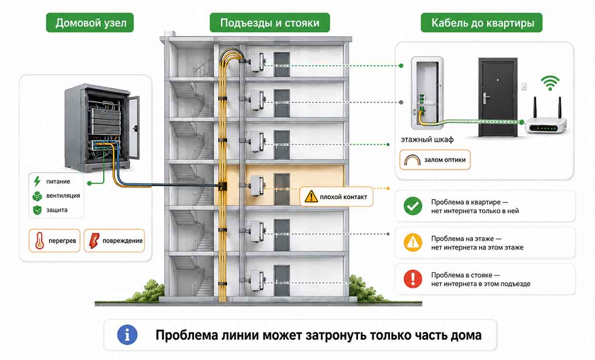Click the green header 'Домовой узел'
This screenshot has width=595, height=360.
(x=90, y=22)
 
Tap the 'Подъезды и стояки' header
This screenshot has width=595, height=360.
(x=269, y=22)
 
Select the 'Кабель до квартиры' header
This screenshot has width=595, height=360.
(x=481, y=22)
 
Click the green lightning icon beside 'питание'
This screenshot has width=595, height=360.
(x=37, y=181)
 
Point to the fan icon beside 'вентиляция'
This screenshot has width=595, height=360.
(x=37, y=196)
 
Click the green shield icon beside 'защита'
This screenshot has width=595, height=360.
(x=37, y=210)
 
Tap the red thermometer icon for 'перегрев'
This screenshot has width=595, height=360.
(x=40, y=240)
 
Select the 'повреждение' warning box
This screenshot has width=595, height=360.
(x=114, y=240)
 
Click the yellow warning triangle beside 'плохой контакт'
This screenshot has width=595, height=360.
(x=311, y=197)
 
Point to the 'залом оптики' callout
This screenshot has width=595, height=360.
(x=435, y=160)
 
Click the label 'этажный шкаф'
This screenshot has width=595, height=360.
(x=427, y=140)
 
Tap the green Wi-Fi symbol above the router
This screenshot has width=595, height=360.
(x=550, y=83)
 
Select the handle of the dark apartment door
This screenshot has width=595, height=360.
(x=486, y=98)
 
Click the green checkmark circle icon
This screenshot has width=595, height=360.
(x=413, y=206)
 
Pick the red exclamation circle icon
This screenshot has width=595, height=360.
(x=413, y=279)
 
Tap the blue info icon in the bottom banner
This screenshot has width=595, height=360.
(x=127, y=335)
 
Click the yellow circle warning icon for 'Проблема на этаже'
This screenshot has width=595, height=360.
(x=413, y=242)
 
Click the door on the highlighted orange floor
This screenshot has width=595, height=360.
(x=282, y=189)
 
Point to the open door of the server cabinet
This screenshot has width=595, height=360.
(x=133, y=128)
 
